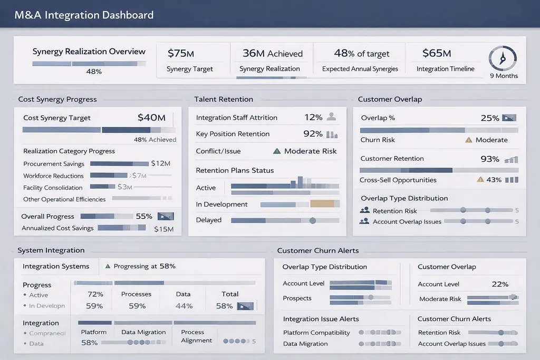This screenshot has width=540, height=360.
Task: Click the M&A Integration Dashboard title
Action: (x=84, y=15)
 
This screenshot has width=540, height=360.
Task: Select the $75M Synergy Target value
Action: (x=181, y=53)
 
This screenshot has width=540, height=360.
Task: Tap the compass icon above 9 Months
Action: (x=503, y=59)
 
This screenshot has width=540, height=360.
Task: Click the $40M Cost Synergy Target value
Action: (x=151, y=118)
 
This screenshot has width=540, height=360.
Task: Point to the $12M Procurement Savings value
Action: (x=160, y=164)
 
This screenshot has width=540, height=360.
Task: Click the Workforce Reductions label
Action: (x=53, y=176)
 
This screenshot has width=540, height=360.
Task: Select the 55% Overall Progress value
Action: (x=144, y=216)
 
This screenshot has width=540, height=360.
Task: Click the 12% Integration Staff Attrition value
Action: (x=313, y=118)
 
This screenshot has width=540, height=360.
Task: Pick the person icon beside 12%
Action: (x=331, y=117)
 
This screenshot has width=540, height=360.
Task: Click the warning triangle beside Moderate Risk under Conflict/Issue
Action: (x=277, y=151)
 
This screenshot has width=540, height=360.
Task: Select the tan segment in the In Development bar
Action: (x=322, y=204)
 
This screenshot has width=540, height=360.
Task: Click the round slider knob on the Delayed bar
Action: (x=312, y=220)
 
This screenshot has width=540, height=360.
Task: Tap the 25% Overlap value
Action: (x=490, y=118)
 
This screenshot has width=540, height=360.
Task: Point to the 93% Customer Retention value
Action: (x=490, y=159)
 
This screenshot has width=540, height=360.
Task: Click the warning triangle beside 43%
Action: (x=480, y=180)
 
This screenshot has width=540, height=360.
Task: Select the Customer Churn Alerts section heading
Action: (x=318, y=251)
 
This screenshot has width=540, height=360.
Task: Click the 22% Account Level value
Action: (x=500, y=284)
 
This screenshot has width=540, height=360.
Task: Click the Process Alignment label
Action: (x=196, y=336)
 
